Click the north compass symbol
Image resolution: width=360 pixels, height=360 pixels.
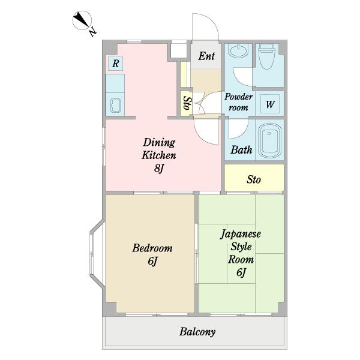pos(82,20)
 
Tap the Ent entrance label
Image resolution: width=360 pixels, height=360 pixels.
pos(206,56)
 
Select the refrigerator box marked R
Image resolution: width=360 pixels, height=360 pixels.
pos(115,63)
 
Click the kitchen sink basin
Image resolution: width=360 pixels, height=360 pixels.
pos(115,106)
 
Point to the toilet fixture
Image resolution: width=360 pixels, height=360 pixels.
pos(266,56)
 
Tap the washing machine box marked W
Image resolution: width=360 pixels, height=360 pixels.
pos(270,104)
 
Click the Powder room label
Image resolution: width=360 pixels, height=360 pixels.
pos(239,102)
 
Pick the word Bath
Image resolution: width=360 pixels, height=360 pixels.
pos(241,150)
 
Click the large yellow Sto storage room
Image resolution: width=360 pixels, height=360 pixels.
pos(254,177)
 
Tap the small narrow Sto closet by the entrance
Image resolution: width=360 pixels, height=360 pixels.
pos(186,103)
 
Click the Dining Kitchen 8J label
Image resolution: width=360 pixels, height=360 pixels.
pos(159,155)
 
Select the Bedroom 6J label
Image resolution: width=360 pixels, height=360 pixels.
pos(152,254)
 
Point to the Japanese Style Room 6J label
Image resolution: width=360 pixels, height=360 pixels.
pos(241,253)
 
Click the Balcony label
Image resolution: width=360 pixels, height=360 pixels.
pos(197,332)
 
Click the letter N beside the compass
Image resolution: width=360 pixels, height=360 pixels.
pos(93,32)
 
